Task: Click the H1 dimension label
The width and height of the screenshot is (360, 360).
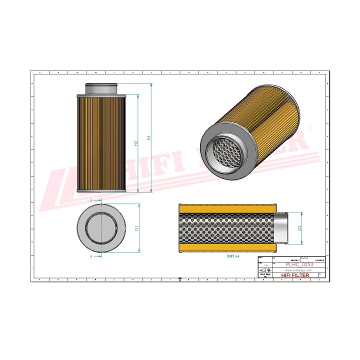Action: click(x=148, y=138)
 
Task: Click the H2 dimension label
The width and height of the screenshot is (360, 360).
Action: click(x=135, y=143)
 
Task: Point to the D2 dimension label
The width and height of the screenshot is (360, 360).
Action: click(x=300, y=228)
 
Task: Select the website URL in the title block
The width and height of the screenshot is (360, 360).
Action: click(x=291, y=269)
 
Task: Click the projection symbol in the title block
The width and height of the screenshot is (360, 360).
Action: click(x=264, y=269)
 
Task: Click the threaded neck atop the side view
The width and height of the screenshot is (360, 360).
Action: click(x=101, y=88)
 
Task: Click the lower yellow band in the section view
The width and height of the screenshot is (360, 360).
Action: click(x=225, y=248)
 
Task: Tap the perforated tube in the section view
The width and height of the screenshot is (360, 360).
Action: click(x=225, y=228)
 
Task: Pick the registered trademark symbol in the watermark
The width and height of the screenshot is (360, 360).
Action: click(x=308, y=128)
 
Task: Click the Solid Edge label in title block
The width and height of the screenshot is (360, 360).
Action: click(x=264, y=275)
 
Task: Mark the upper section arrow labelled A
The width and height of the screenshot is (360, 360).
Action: click(x=91, y=199)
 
